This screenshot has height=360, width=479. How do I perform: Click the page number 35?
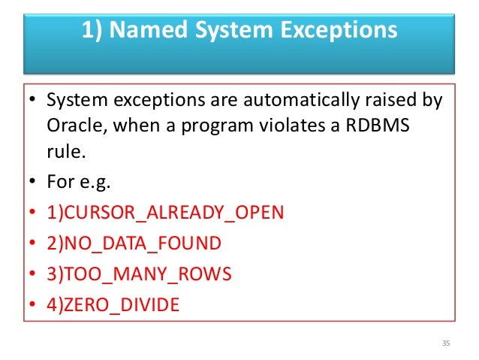(446, 343)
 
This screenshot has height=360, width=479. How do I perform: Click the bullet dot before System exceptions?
(33, 99)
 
